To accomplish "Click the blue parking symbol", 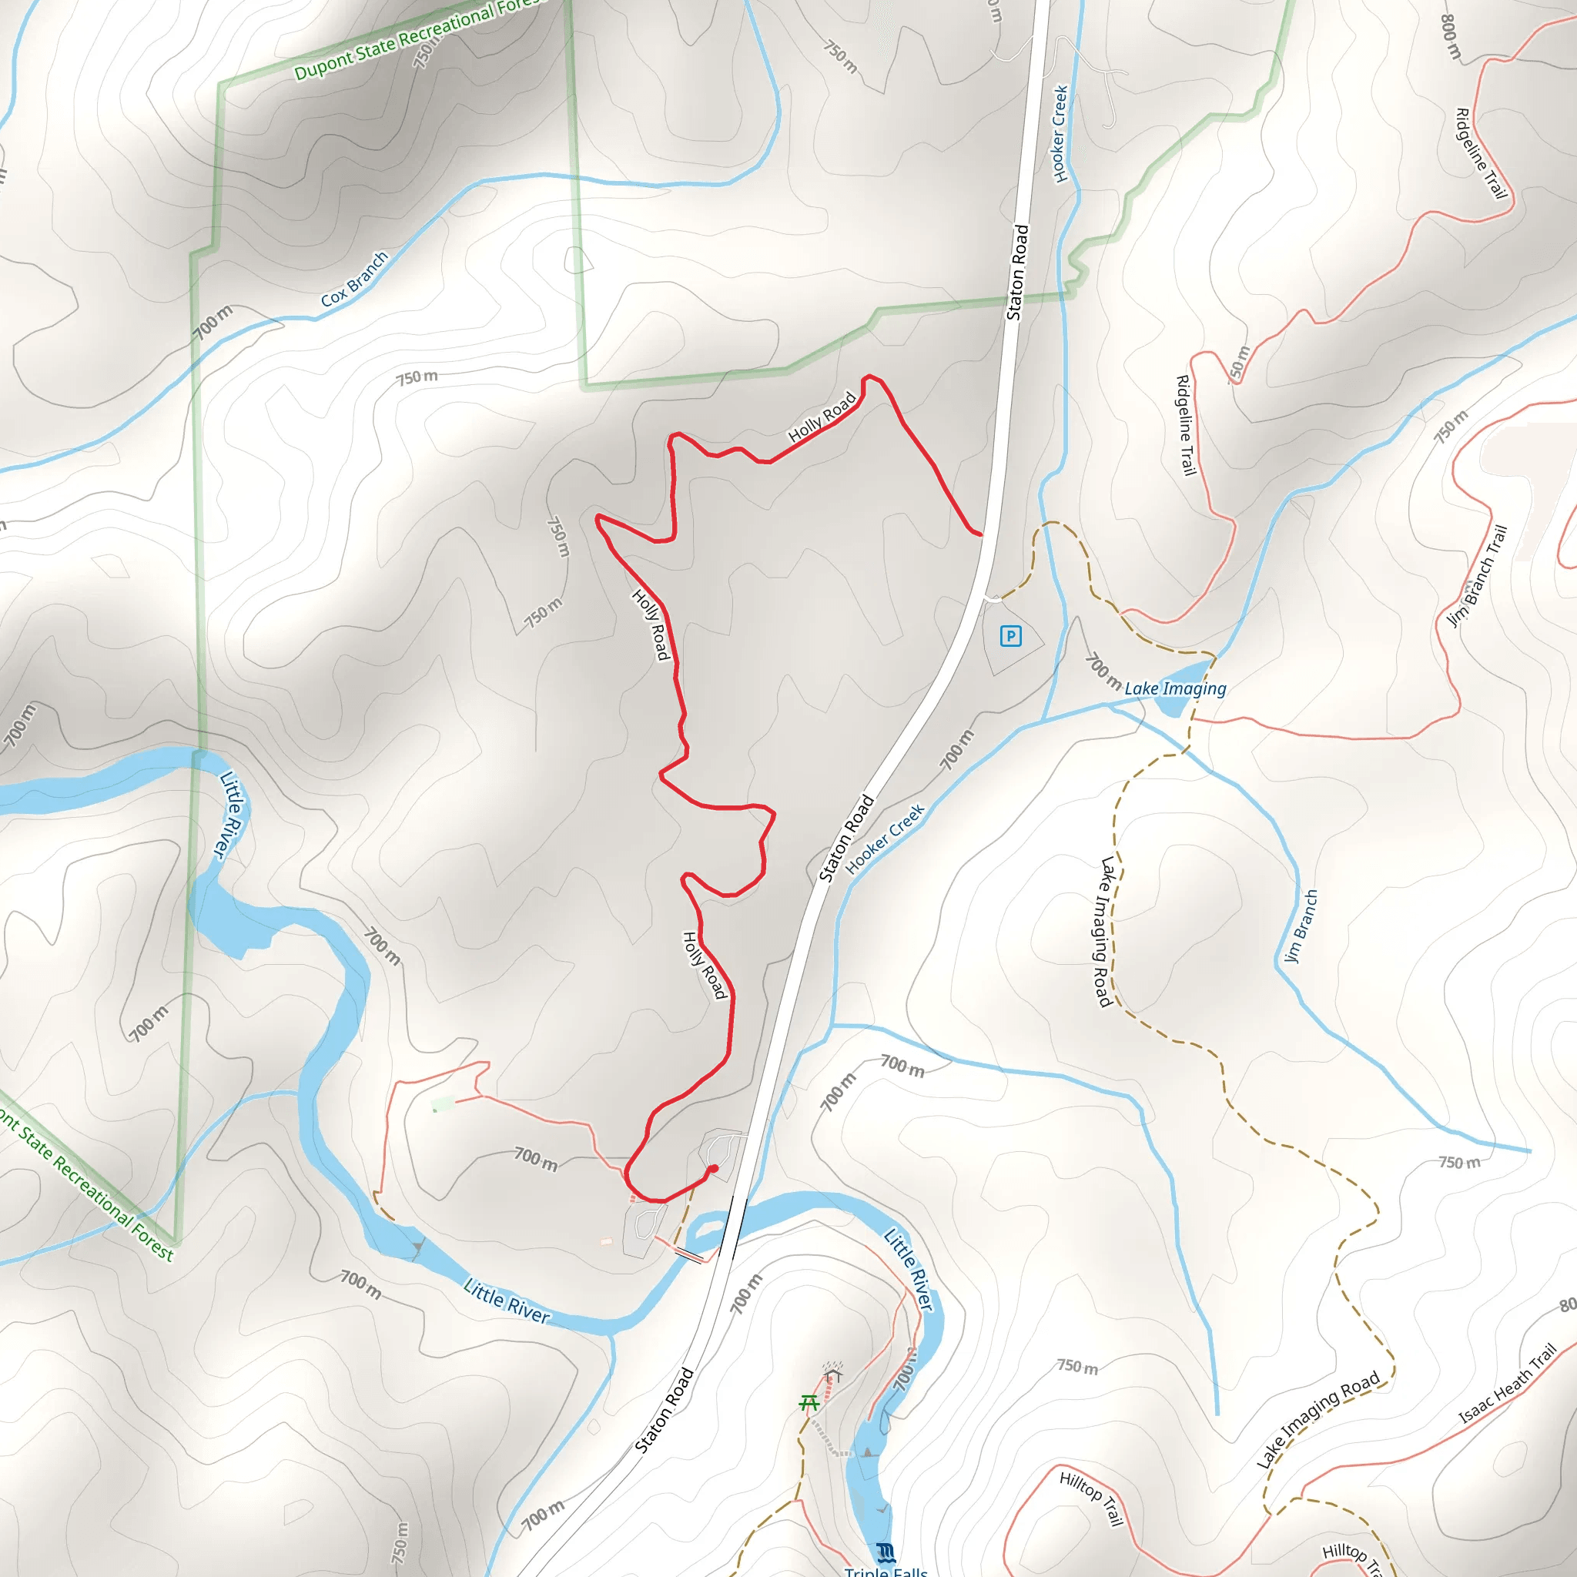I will [x=1010, y=636].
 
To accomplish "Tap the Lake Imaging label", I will [x=1174, y=689].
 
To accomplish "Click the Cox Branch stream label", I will [x=354, y=280].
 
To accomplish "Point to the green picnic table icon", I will [x=809, y=1402].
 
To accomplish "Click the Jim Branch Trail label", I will [x=1476, y=576].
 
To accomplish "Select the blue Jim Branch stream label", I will [x=1301, y=926].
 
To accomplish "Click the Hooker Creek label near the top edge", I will [x=1060, y=134].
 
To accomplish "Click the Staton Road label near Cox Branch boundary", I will [x=1017, y=272].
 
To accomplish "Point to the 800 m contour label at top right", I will [x=1451, y=38].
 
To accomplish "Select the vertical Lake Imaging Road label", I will [x=1106, y=932].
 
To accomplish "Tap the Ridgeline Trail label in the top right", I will [x=1482, y=153].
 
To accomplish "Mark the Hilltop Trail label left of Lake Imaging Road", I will [x=1091, y=1498].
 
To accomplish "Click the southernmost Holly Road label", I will [x=704, y=965].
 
